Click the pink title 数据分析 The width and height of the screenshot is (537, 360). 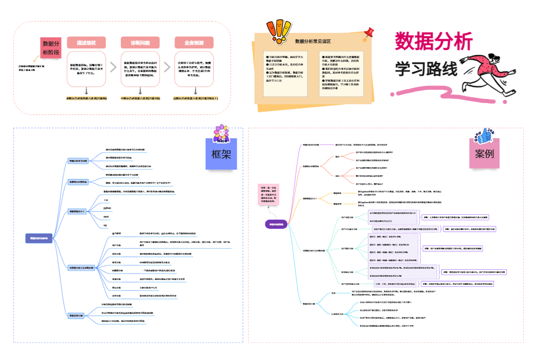[x=434, y=42]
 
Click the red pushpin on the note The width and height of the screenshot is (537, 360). [x=368, y=33]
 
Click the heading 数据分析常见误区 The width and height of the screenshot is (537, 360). [x=313, y=41]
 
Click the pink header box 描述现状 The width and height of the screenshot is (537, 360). [x=86, y=43]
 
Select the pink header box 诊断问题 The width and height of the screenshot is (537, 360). [x=140, y=43]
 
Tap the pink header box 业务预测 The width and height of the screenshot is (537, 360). [x=194, y=43]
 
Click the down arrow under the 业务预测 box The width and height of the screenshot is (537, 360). [x=194, y=91]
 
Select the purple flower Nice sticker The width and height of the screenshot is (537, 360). [x=221, y=134]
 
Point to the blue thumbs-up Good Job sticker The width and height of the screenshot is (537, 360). [x=482, y=135]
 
